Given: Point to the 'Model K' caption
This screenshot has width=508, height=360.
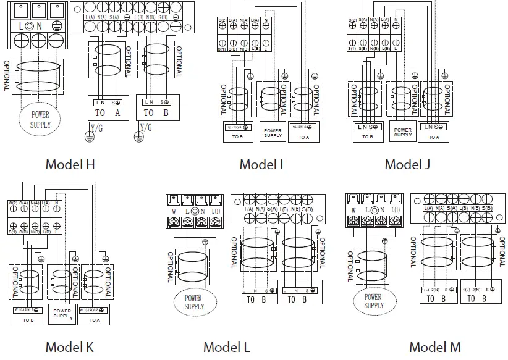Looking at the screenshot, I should point(70,347).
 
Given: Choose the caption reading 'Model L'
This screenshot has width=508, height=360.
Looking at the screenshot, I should point(227,347).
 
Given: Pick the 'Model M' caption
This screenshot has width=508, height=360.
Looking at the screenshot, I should point(435,347).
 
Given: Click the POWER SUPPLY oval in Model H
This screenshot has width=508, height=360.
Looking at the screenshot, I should point(40,120).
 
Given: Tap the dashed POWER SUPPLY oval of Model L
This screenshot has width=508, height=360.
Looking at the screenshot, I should point(194,302).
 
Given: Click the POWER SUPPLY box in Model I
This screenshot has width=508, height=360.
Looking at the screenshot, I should point(273,133).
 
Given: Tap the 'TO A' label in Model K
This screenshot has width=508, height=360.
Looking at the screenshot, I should point(94,320).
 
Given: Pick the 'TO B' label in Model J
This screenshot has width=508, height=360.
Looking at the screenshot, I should point(367,137).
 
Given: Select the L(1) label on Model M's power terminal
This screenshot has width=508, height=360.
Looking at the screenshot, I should point(395,211).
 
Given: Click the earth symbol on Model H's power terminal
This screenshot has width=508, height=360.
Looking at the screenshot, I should point(56,26).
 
